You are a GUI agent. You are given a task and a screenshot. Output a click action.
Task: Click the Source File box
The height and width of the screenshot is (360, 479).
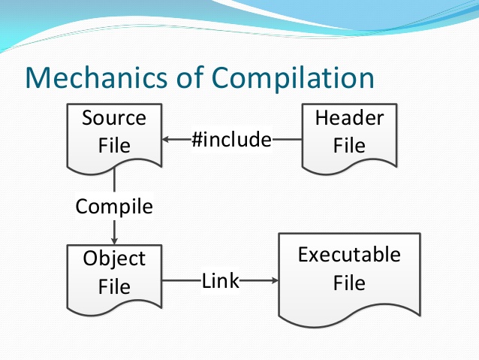coord(114,135)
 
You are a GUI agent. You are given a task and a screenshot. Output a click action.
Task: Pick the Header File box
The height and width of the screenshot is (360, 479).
coord(349,135)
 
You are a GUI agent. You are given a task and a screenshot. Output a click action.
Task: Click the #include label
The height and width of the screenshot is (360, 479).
coord(230,140)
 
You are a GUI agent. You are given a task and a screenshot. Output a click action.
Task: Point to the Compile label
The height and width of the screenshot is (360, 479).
coord(114,206)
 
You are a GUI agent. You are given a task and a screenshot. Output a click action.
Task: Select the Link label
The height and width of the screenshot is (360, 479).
coord(220,281)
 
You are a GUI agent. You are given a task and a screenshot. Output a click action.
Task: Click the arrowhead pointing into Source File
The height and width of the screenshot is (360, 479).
coord(167,140)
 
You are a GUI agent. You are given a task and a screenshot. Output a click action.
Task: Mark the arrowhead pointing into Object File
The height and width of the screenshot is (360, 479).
coord(114,240)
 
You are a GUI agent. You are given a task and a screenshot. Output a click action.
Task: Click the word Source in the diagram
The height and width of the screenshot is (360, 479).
coord(114,118)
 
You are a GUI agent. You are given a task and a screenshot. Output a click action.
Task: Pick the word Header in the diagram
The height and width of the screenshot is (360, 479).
coord(349,118)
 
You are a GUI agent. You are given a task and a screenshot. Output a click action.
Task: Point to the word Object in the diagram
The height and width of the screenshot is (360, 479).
coord(114,259)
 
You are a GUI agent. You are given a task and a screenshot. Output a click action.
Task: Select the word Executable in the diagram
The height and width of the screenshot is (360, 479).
coord(349,255)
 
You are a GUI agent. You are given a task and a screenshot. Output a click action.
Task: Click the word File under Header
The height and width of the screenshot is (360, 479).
coord(349,144)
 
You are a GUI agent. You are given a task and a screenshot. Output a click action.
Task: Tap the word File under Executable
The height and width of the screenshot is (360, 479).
coord(349,283)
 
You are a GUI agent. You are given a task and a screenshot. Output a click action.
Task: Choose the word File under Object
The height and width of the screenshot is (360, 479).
coord(114,286)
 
